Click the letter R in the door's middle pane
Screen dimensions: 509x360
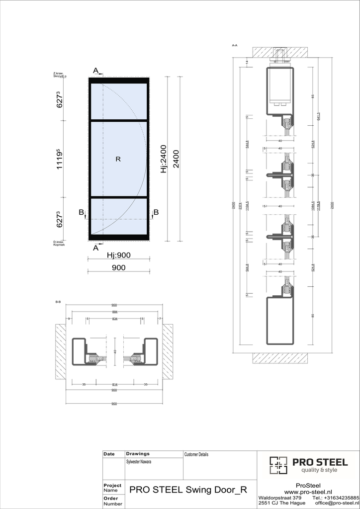click(x=118, y=159)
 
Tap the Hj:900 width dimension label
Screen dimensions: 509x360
click(x=119, y=255)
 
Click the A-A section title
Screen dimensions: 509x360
click(x=235, y=45)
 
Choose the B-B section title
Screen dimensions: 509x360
click(x=58, y=302)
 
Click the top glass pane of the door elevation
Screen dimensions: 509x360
click(x=119, y=101)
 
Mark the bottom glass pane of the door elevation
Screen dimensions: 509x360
click(x=119, y=216)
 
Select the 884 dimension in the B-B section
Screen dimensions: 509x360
click(x=115, y=312)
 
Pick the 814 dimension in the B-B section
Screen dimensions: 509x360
click(x=115, y=384)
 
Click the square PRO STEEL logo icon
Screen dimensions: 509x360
click(x=278, y=465)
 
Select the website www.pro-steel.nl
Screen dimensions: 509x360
click(x=308, y=491)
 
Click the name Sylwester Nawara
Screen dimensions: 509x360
click(x=139, y=462)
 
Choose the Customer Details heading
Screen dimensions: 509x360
click(x=196, y=454)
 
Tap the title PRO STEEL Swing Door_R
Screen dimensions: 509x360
click(x=188, y=489)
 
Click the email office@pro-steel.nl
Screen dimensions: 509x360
click(x=337, y=504)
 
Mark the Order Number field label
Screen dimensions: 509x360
click(x=111, y=501)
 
